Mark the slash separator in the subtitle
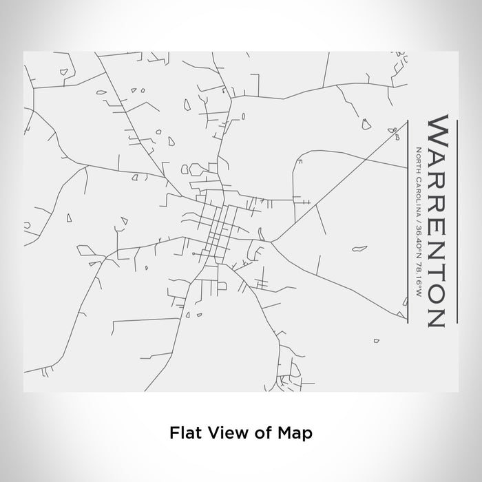coord(418,229)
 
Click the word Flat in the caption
coord(182,433)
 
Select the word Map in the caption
coord(292,433)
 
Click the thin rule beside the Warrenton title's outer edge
coord(455,220)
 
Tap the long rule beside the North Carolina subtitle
coord(408,220)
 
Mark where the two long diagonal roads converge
coord(273,241)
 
